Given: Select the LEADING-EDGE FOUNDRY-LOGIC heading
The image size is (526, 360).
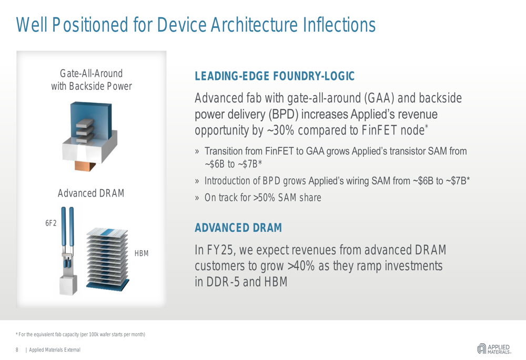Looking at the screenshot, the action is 275,76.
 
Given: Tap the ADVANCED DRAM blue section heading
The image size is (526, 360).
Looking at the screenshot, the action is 238,228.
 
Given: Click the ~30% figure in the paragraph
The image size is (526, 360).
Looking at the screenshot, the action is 281,130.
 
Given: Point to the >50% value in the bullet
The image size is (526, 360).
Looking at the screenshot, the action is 264,198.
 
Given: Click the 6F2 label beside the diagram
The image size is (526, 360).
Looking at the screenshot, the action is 51,223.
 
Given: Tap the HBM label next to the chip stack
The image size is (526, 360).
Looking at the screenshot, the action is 141,253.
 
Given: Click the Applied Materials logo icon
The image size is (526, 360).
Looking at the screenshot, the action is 482,348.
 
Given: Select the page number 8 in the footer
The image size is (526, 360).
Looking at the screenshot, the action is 17,350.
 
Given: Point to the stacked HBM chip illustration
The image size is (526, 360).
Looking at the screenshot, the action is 107,258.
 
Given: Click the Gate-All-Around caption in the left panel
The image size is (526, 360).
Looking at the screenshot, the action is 91,74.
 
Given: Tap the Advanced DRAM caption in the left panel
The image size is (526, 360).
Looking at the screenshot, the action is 91,193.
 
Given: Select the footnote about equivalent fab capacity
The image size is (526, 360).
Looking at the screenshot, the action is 80,335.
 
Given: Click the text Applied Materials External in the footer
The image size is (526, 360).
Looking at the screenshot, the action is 55,350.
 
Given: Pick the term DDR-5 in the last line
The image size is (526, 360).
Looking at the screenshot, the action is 223,282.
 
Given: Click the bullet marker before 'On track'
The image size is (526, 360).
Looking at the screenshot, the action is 197,198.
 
